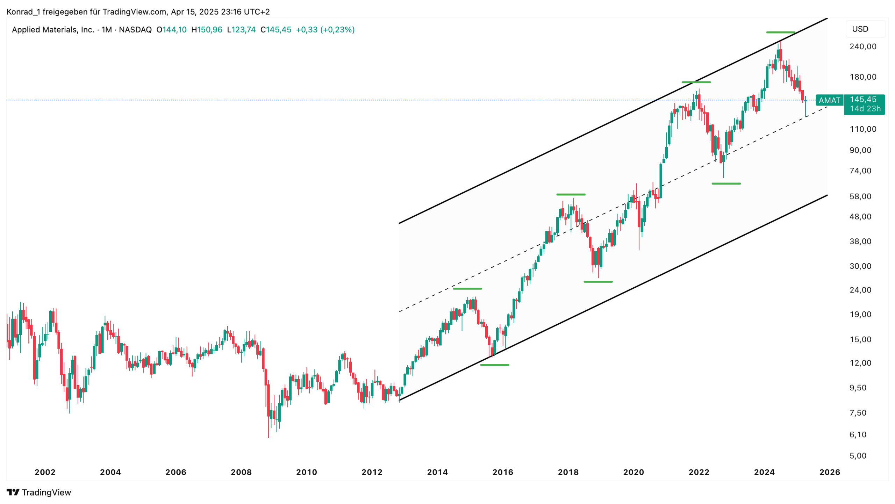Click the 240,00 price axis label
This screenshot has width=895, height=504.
tap(862, 46)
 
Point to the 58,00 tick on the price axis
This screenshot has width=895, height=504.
tap(860, 196)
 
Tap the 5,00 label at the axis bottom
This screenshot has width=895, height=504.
tap(858, 456)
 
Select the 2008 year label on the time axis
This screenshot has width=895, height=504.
tap(241, 472)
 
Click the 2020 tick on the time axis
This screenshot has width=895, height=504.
tap(633, 472)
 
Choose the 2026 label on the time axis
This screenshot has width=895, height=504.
tap(829, 472)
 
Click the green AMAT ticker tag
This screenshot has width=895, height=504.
tap(829, 101)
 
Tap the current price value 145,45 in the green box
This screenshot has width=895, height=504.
tap(862, 100)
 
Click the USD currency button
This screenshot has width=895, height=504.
tap(860, 29)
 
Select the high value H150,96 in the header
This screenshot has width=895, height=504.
tap(207, 30)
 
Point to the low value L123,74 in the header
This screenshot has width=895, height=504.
tap(241, 30)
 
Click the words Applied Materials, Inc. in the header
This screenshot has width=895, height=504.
tap(53, 30)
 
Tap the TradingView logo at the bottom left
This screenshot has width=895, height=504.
tap(38, 492)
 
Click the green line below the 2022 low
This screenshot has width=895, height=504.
tap(726, 183)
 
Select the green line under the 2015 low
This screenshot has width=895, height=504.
tap(494, 365)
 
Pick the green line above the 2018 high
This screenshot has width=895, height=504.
tap(571, 194)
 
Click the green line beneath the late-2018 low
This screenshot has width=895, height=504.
tap(598, 282)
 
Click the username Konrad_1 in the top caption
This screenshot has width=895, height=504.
tap(23, 12)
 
